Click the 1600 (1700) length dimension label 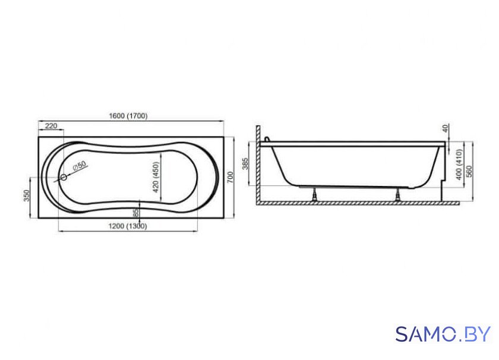coord(128,116)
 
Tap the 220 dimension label coord(51,126)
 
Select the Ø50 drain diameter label coord(79,166)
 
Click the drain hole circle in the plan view coord(64,178)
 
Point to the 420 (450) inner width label coord(156,177)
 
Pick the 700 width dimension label coord(230,177)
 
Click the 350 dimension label coord(26,195)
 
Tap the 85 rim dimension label coord(136,213)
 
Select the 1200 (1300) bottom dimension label coord(128,226)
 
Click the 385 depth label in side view coord(245,163)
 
